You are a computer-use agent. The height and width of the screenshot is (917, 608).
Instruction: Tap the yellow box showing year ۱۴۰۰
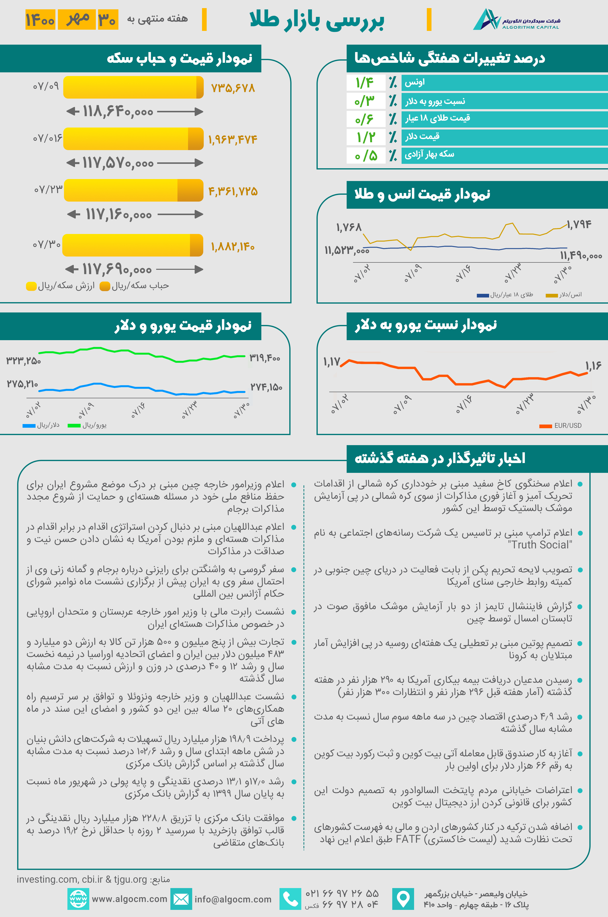pos(40,19)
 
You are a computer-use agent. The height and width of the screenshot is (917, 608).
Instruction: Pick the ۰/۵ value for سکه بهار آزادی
pos(366,155)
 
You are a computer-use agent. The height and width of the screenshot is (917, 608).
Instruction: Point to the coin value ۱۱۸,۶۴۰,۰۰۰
pos(118,112)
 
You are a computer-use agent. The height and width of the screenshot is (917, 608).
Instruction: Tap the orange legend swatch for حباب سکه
pos(105,286)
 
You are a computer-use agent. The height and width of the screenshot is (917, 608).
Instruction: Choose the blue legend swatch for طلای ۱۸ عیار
pos(482,295)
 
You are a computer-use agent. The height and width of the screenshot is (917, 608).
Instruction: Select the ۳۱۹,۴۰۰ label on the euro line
pos(265,357)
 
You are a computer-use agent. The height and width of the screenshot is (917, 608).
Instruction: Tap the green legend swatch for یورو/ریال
pos(74,426)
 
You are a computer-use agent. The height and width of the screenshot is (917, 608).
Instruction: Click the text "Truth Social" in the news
pos(540,545)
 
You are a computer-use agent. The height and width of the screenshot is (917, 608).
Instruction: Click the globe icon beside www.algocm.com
pos(78,899)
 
